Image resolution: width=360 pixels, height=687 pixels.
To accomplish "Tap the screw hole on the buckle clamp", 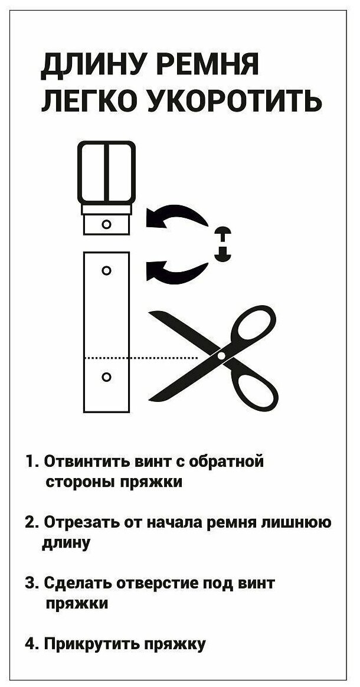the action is [107, 224].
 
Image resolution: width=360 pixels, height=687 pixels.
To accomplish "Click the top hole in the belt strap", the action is [107, 270].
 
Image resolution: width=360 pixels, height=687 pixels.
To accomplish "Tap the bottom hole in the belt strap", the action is [107, 377].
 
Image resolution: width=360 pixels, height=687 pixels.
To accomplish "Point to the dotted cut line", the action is [142, 358].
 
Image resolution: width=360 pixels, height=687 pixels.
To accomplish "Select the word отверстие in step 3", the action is [159, 584].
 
